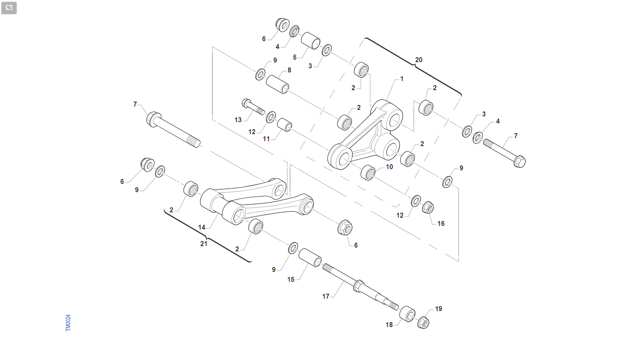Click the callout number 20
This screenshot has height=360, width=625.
pyautogui.click(x=419, y=60)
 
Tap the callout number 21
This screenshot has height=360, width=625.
pyautogui.click(x=204, y=244)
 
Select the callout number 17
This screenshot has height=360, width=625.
pyautogui.click(x=326, y=296)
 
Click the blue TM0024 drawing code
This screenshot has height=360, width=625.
pyautogui.click(x=68, y=323)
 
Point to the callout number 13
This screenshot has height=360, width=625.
pyautogui.click(x=238, y=120)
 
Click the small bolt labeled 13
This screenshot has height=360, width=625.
pyautogui.click(x=253, y=107)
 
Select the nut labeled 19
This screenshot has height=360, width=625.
pyautogui.click(x=423, y=323)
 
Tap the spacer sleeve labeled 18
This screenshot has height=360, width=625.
pyautogui.click(x=407, y=314)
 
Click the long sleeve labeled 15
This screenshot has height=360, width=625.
pyautogui.click(x=310, y=258)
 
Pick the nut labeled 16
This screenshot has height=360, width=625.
pyautogui.click(x=428, y=207)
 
